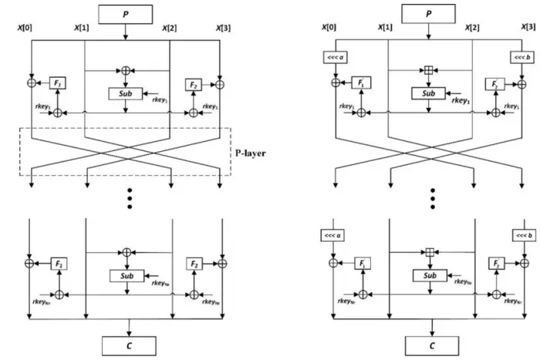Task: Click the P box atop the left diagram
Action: coord(126,15)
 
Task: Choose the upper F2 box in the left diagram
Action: coord(194,83)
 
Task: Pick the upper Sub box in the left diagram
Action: coord(126,94)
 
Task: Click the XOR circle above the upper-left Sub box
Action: coord(126,71)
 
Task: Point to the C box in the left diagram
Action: coord(126,344)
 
